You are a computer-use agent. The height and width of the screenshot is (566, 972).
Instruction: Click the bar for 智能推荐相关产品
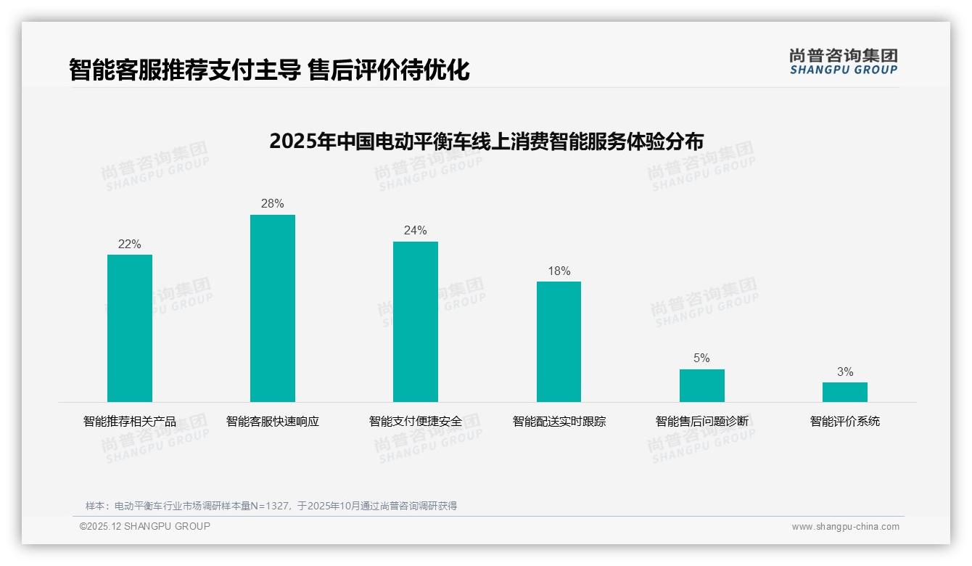click(130, 328)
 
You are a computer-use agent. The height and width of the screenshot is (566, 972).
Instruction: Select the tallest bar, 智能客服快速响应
click(273, 308)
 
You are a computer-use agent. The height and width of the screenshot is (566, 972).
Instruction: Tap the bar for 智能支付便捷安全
click(416, 321)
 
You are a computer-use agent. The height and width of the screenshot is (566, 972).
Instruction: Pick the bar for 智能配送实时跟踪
click(559, 342)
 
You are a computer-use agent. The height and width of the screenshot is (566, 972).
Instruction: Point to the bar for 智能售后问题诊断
click(701, 385)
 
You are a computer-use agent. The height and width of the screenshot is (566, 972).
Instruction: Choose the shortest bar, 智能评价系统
click(844, 392)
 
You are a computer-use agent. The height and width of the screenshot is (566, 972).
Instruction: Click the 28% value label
click(273, 203)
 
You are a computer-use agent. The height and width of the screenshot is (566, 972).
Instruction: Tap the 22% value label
click(130, 244)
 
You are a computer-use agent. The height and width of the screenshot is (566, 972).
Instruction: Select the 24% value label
click(416, 230)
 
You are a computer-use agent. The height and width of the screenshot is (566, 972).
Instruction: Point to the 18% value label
click(559, 271)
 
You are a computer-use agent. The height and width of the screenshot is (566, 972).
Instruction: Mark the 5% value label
click(701, 358)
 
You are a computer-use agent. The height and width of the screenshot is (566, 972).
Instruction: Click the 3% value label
click(844, 372)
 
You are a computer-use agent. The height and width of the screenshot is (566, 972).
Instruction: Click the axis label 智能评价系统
click(844, 421)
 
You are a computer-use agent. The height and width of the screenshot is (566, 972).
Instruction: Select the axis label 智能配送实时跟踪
click(559, 421)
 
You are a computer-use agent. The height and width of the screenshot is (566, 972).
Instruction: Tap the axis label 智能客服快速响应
click(273, 421)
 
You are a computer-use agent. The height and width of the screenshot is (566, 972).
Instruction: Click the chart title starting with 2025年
click(486, 141)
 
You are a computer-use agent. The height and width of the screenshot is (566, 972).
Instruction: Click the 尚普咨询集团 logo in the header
click(843, 61)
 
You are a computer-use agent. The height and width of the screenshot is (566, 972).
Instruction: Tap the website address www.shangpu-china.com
click(845, 527)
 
